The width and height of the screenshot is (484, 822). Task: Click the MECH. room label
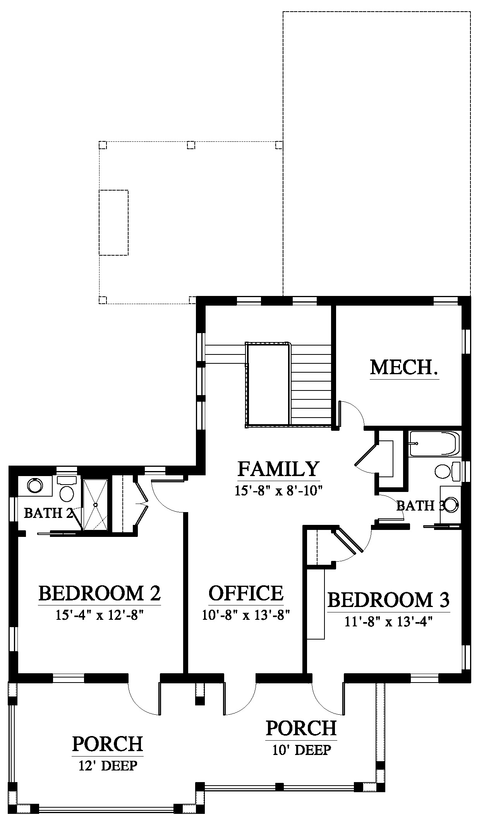click(x=404, y=367)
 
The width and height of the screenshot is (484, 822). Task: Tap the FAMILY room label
click(x=278, y=468)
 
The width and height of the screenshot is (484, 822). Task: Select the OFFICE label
click(x=246, y=593)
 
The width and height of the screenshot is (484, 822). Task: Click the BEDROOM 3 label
click(x=388, y=600)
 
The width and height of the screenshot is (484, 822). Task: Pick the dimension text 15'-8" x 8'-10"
click(x=278, y=491)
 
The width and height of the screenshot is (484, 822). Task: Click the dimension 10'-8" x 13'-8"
click(x=246, y=615)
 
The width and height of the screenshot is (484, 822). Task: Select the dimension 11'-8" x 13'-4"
click(x=388, y=622)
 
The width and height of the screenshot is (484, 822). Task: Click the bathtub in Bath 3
click(x=434, y=444)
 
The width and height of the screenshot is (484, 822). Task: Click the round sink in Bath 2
click(x=35, y=485)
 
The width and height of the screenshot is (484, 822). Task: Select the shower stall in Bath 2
click(x=95, y=505)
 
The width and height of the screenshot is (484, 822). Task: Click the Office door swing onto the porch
click(x=239, y=700)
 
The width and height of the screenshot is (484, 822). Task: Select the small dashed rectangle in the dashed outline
click(x=113, y=223)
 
